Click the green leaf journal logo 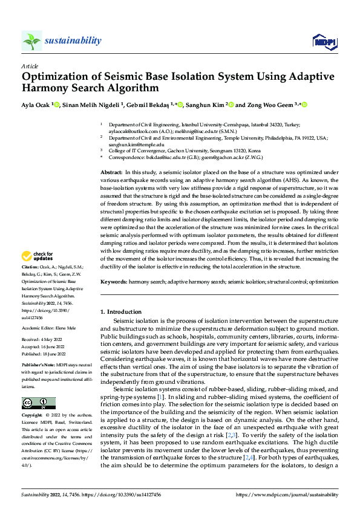pyautogui.click(x=31, y=41)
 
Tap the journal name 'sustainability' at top pyautogui.click(x=73, y=41)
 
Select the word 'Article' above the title pyautogui.click(x=30, y=66)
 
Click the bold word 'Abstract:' pyautogui.click(x=112, y=173)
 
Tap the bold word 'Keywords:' pyautogui.click(x=113, y=282)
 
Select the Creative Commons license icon pyautogui.click(x=38, y=403)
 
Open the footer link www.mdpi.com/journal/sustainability pyautogui.click(x=286, y=494)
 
